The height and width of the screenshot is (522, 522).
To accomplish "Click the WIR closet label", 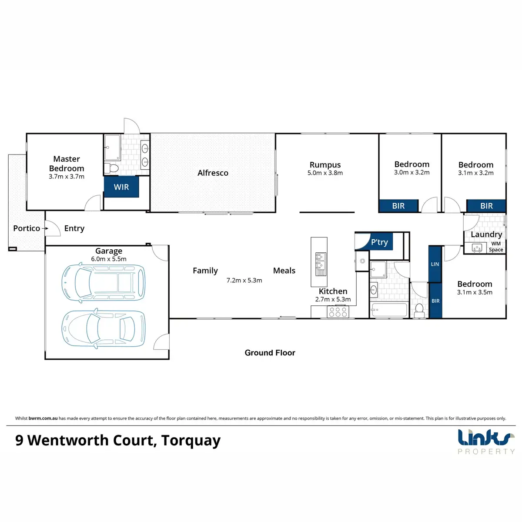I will tap(121, 187).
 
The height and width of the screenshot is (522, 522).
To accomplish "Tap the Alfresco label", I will tap(213, 173).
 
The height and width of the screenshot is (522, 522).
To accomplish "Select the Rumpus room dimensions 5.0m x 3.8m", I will tap(325, 173).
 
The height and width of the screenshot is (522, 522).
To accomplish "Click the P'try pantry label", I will tap(379, 242).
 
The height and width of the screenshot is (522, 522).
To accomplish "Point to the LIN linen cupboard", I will tap(435, 264).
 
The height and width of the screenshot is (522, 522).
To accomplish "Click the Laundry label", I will tap(486, 234).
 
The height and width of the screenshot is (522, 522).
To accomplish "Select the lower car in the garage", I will tap(104, 328).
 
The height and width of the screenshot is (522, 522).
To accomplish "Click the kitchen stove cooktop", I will tap(338, 311).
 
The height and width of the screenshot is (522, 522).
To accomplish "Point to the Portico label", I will tap(27, 228).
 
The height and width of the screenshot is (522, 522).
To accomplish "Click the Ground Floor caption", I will tap(270, 353).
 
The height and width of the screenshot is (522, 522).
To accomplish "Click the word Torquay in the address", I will tap(191, 441).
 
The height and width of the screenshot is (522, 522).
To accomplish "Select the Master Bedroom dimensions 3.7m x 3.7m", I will tap(67, 177).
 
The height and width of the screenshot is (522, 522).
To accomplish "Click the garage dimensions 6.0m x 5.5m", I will tap(109, 259).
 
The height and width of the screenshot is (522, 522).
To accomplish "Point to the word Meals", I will tap(284, 271).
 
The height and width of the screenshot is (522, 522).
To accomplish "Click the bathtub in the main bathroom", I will tap(388, 310).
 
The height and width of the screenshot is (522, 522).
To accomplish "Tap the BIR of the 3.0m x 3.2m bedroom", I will tap(398, 206).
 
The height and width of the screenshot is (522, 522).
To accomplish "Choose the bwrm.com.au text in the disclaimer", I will tap(43, 418).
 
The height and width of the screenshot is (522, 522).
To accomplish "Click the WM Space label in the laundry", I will tap(496, 247).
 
